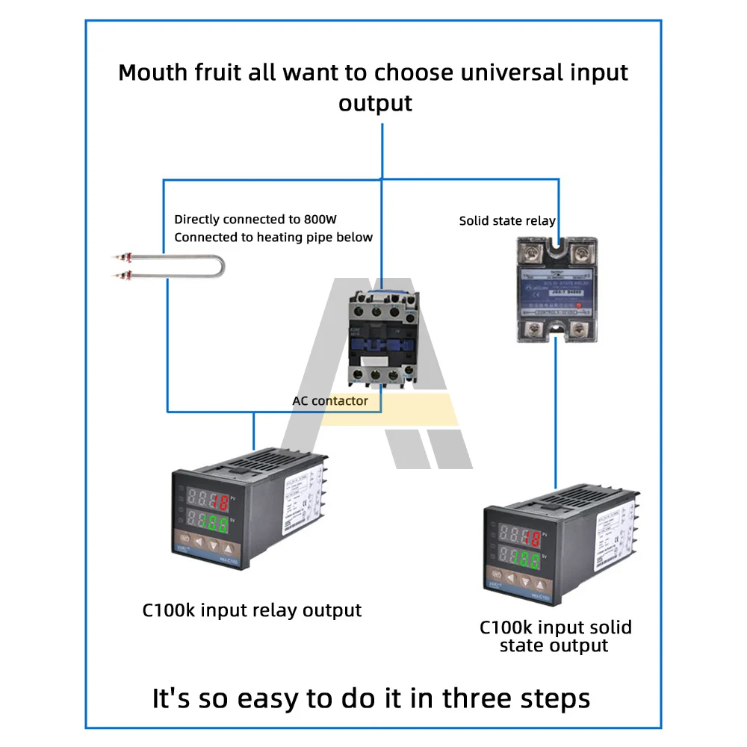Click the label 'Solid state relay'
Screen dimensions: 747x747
[507, 220]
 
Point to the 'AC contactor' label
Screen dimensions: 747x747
[330, 401]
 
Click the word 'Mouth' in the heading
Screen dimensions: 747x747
[154, 73]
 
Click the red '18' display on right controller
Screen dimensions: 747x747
[531, 537]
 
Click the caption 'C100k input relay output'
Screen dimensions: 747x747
[252, 610]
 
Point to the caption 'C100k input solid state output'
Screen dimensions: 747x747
[555, 636]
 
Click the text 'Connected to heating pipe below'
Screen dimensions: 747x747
[273, 238]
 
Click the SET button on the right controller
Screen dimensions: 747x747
[496, 579]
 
